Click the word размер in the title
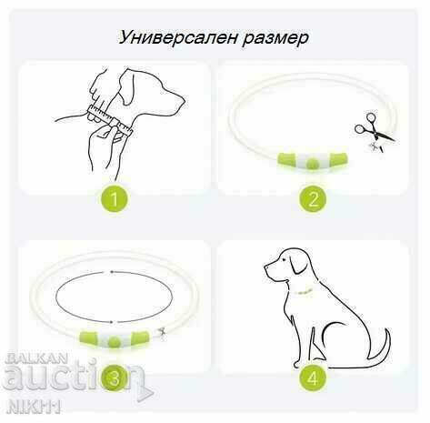(275, 39)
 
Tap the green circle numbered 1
(115, 198)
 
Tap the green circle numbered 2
(313, 198)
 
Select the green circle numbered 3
(115, 378)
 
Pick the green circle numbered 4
(313, 378)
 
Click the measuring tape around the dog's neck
(110, 119)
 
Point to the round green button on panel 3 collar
(114, 341)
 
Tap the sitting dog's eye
(284, 259)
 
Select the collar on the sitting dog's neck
(304, 292)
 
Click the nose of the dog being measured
(183, 99)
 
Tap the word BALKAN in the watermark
(36, 358)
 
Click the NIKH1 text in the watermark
(34, 407)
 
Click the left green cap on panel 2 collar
(286, 159)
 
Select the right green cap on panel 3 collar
(140, 337)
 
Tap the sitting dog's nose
(265, 267)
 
